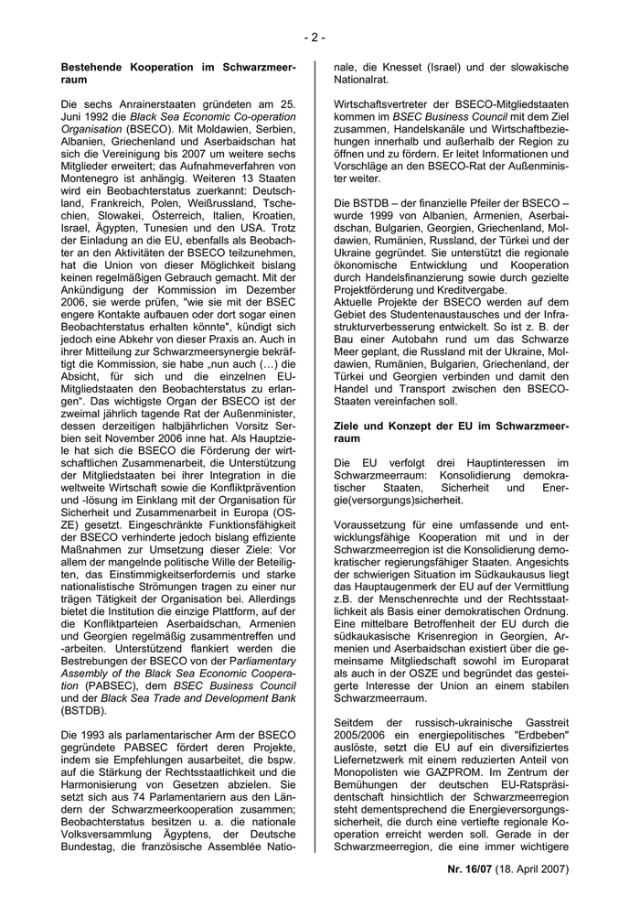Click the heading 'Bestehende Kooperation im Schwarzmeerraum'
coord(177,73)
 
